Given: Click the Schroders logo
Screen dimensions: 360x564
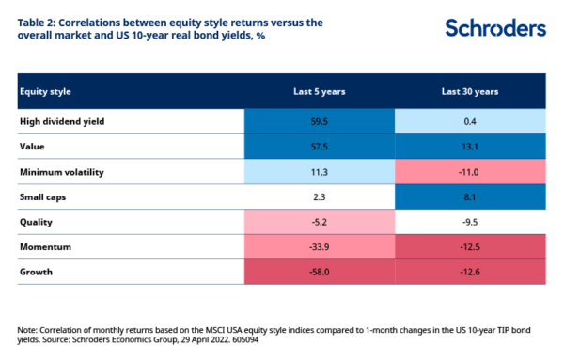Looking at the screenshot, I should click(494, 27).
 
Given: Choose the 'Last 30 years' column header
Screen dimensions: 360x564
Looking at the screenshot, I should click(469, 91).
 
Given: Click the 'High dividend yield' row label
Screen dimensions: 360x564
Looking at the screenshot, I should click(62, 121).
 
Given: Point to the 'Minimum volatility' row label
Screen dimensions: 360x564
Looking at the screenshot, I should click(62, 173).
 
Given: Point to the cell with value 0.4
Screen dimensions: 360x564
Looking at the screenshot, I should click(469, 121).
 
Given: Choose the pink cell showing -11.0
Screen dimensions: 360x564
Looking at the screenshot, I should click(469, 173).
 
